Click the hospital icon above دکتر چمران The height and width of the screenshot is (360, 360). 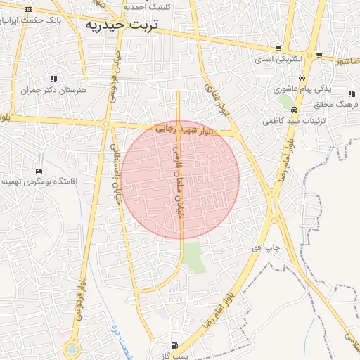pyautogui.click(x=54, y=79)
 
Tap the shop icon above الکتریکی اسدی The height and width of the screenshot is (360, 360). pyautogui.click(x=280, y=49)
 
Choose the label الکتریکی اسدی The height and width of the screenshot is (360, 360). pyautogui.click(x=278, y=59)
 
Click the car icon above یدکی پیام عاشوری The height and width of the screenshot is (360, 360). pyautogui.click(x=302, y=78)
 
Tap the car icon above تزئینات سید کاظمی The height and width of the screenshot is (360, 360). pyautogui.click(x=293, y=110)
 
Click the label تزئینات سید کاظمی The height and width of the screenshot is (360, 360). pyautogui.click(x=289, y=121)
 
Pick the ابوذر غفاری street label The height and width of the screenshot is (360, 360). pyautogui.click(x=213, y=98)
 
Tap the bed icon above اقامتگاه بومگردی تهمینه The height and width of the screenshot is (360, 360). pyautogui.click(x=39, y=171)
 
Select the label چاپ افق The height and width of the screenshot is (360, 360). pyautogui.click(x=267, y=249)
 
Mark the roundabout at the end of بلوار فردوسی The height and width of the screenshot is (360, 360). pyautogui.click(x=72, y=349)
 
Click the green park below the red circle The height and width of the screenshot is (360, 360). pyautogui.click(x=195, y=257)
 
